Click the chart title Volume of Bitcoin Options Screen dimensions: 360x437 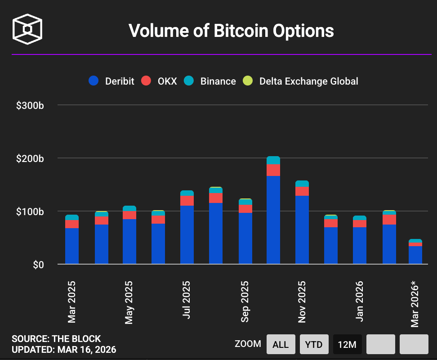click(x=231, y=31)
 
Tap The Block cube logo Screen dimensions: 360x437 click(x=27, y=30)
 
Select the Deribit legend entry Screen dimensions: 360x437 click(x=112, y=81)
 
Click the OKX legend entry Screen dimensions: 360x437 click(x=160, y=81)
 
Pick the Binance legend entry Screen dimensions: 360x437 click(x=210, y=81)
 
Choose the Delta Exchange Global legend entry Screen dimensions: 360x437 click(x=301, y=81)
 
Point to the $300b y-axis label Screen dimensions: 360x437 click(x=30, y=106)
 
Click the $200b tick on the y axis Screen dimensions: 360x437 click(x=30, y=158)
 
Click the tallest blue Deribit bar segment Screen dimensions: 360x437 click(x=273, y=220)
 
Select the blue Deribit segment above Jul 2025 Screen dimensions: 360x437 click(x=187, y=234)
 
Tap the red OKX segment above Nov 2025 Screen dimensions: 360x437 click(x=302, y=191)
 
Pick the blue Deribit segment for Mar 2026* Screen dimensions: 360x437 click(x=415, y=255)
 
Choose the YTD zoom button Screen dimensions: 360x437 click(x=314, y=344)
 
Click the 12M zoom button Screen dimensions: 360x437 click(x=347, y=344)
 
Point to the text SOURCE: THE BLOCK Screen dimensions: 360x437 click(x=56, y=339)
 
